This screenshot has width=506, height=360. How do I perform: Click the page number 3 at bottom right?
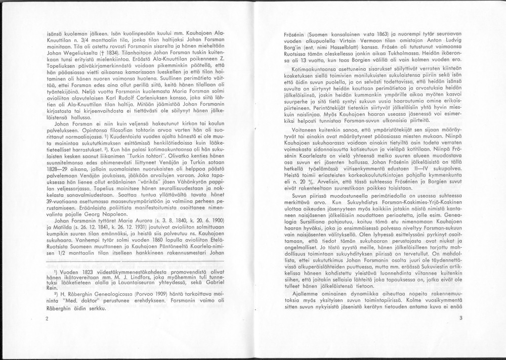pos(461,318)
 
